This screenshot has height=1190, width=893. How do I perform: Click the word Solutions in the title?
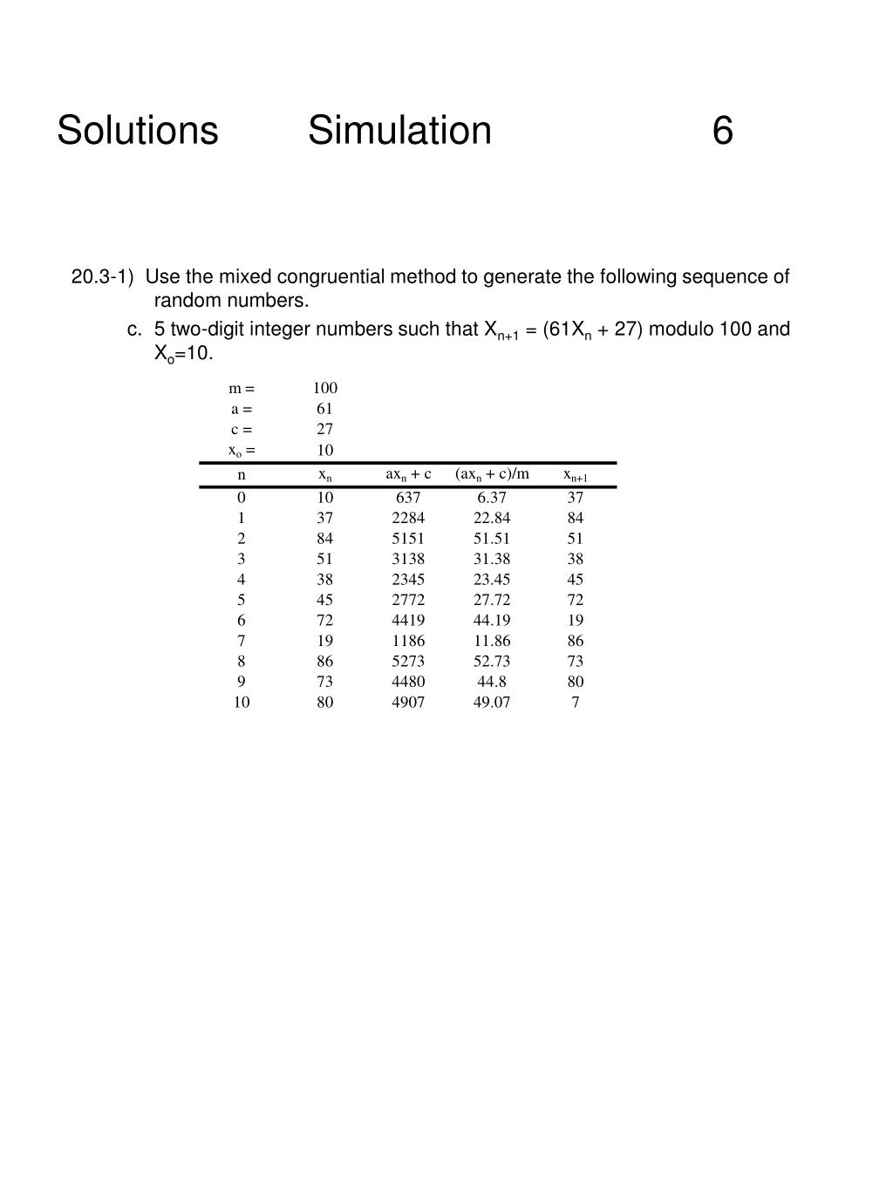[137, 131]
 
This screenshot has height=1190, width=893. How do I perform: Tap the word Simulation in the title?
[399, 131]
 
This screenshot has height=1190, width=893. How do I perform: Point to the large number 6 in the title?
[722, 131]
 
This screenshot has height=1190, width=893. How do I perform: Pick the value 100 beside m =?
[325, 388]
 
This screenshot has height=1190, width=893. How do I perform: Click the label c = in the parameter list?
[242, 429]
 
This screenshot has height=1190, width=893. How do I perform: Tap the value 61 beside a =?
[325, 408]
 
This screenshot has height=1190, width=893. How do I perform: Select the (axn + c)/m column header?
[492, 474]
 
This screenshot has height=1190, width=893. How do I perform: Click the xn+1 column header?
[576, 475]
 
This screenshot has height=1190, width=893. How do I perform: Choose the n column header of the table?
[242, 475]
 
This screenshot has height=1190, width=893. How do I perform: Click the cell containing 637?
[408, 498]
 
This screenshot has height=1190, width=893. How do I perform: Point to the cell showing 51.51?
[492, 539]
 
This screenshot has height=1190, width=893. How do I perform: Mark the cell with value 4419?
[408, 621]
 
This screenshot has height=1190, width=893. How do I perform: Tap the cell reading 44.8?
[492, 682]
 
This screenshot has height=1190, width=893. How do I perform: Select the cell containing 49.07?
[492, 702]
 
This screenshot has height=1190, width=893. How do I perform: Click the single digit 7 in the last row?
[576, 702]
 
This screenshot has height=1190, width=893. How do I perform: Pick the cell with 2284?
[408, 518]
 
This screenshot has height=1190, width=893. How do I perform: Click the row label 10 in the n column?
[242, 702]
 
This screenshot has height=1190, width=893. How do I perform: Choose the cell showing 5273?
[408, 661]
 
